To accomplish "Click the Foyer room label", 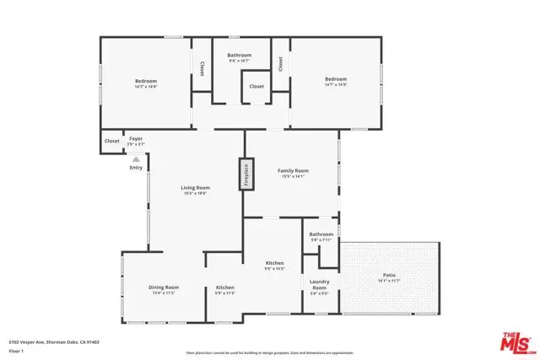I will click(135, 137).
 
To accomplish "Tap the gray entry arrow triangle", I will click(136, 158).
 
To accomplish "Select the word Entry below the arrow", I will click(136, 167).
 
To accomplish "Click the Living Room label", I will click(195, 188).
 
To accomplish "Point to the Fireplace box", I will click(247, 173).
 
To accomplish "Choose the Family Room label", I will click(293, 171).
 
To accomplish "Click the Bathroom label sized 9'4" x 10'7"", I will click(240, 56).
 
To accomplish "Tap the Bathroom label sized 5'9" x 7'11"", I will click(321, 234).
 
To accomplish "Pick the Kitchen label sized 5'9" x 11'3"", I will click(224, 287).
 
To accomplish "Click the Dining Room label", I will click(164, 287).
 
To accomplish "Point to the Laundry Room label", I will click(319, 284).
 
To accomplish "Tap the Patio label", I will click(388, 275).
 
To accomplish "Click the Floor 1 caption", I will click(17, 350).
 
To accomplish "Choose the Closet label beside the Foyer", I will click(111, 141).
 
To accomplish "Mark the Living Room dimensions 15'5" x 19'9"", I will click(195, 193).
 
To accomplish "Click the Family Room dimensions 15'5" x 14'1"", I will click(293, 176).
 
